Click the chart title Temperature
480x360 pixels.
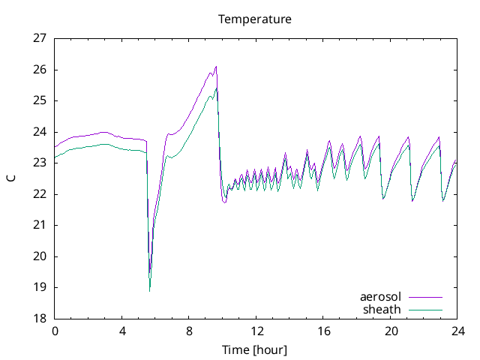(254, 19)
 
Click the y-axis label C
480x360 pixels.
(10, 178)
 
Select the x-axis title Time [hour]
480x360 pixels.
(254, 350)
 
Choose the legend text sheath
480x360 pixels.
(382, 309)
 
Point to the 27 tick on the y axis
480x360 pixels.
(40, 38)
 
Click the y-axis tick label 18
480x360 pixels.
(40, 318)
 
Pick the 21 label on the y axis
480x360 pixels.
(40, 225)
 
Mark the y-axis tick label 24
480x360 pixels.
(40, 131)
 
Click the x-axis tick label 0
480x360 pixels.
(54, 331)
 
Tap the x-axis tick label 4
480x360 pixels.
(121, 331)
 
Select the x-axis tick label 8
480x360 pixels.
(189, 331)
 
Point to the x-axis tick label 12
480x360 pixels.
(256, 331)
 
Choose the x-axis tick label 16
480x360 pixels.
(324, 331)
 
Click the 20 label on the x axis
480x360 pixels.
(391, 331)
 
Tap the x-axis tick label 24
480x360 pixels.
(458, 331)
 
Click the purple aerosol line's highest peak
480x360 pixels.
(216, 66)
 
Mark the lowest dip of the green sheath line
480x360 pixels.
(150, 290)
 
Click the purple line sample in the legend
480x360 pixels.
(424, 297)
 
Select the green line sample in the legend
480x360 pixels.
(424, 309)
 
